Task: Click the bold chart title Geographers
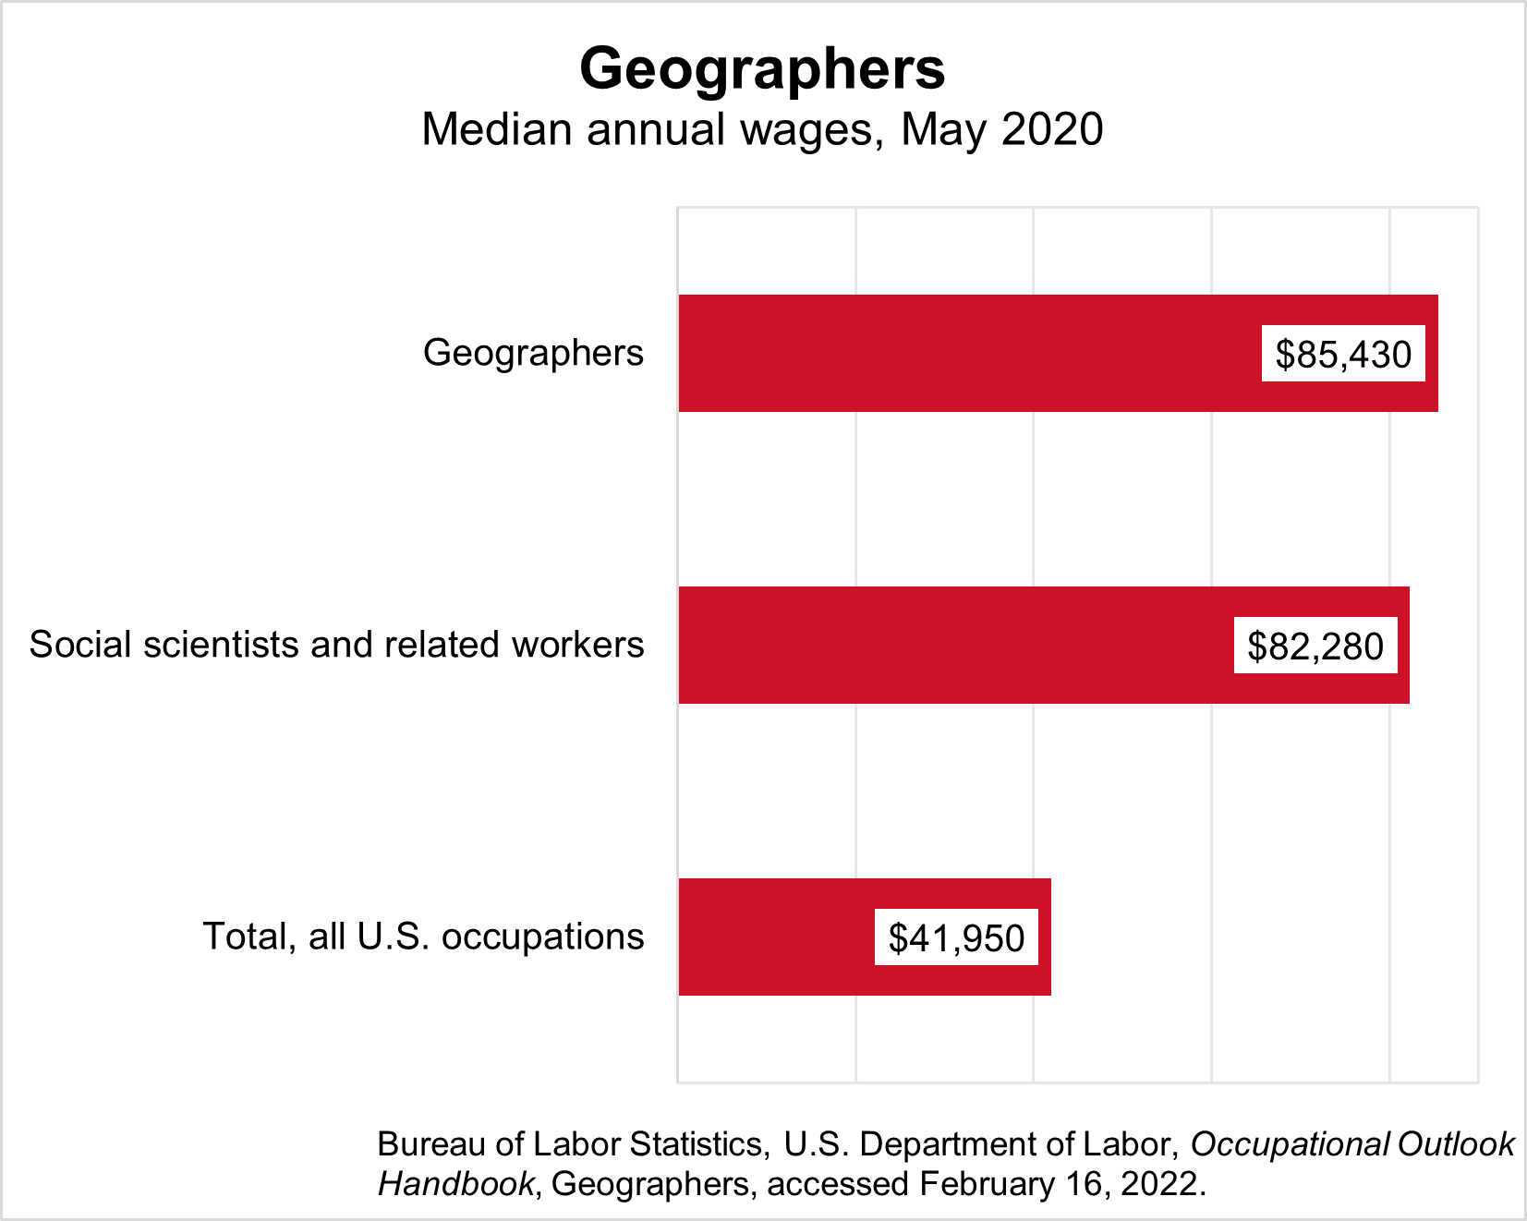click(x=762, y=68)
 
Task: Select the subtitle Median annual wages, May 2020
click(x=762, y=129)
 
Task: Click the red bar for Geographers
click(x=970, y=353)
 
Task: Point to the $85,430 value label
click(x=1343, y=354)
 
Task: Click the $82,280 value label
click(x=1315, y=646)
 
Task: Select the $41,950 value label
click(x=956, y=937)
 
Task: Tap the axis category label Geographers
click(x=533, y=353)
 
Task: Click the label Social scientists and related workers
click(x=336, y=645)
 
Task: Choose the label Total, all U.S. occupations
click(x=423, y=937)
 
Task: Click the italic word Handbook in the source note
click(x=455, y=1184)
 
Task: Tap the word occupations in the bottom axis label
click(x=543, y=937)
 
